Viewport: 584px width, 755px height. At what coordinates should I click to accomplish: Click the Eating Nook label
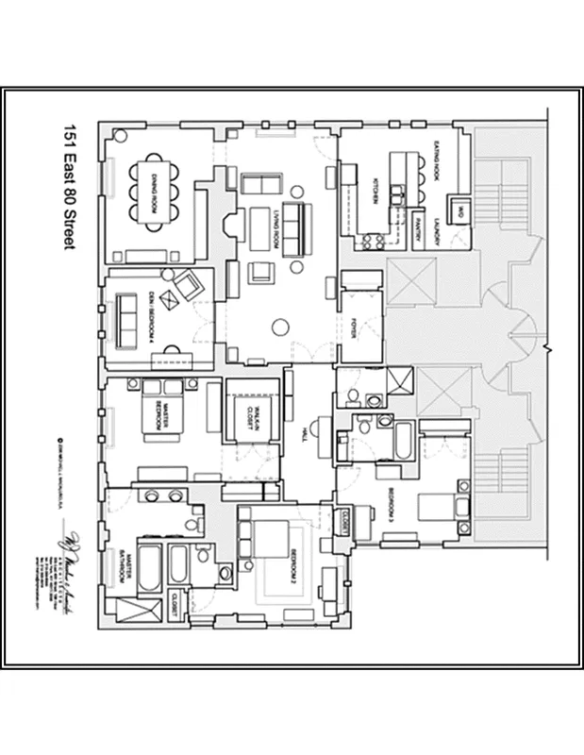click(x=439, y=161)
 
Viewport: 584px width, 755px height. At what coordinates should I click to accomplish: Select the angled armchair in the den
click(x=187, y=282)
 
